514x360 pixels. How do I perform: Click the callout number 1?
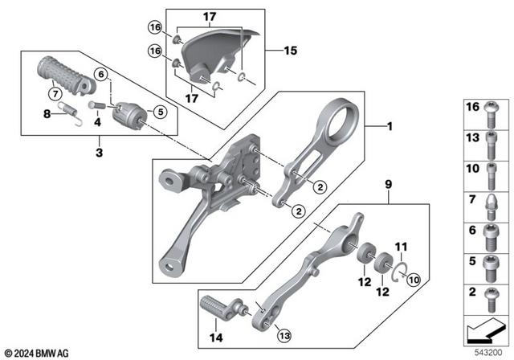390,126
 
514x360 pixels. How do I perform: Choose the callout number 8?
47,115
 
